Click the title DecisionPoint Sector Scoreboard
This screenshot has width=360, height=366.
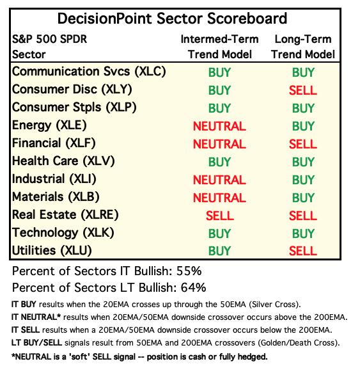click(172, 19)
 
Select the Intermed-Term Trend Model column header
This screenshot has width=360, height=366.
click(219, 47)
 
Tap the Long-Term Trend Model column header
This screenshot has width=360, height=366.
click(303, 47)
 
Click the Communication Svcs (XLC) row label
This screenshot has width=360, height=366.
click(89, 72)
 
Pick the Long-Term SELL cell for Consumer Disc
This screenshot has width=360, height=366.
click(303, 90)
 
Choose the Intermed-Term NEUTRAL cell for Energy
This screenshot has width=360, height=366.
click(219, 126)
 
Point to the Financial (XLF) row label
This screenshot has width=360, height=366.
click(54, 143)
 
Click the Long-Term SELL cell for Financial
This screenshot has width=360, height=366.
click(303, 144)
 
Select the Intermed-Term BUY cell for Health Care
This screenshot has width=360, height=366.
click(219, 162)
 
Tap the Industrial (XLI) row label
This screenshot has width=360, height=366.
click(54, 179)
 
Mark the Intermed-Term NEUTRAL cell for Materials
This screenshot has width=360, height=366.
click(219, 198)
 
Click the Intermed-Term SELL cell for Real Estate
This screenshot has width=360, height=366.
click(220, 216)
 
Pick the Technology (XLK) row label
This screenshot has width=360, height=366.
click(63, 233)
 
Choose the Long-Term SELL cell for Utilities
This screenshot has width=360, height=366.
click(303, 251)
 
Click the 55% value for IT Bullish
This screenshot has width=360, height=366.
click(189, 271)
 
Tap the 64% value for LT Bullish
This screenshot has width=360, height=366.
click(193, 287)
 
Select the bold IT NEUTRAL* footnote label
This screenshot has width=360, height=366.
click(36, 317)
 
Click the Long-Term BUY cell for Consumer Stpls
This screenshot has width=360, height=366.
click(303, 108)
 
